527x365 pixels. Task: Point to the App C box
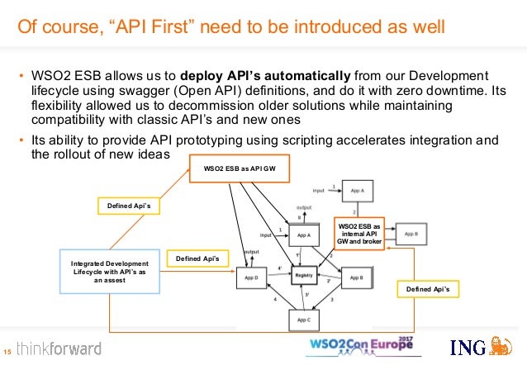[304, 319]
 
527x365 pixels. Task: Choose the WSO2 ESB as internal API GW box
[360, 235]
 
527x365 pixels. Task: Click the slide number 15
[7, 349]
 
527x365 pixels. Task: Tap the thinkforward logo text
[59, 348]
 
